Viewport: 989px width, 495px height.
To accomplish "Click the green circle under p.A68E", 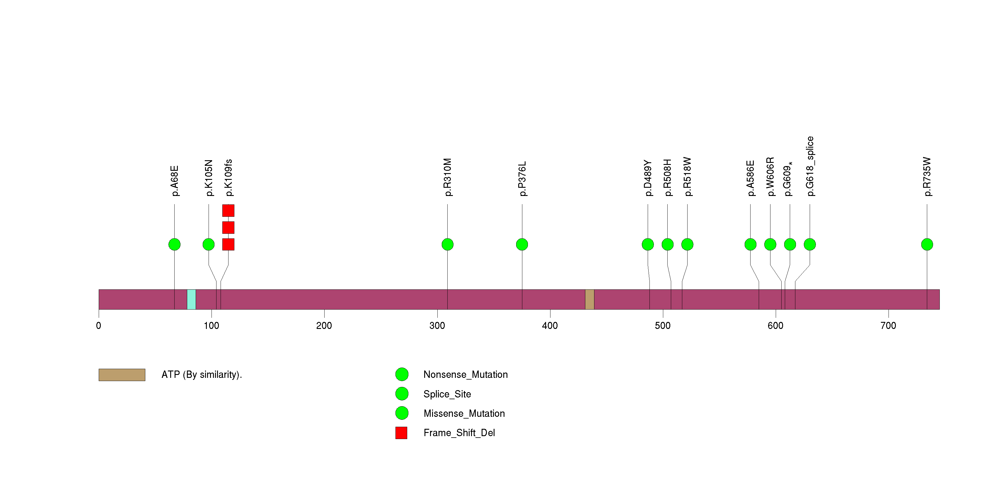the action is coord(174,245).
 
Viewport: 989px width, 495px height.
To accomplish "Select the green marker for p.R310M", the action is coord(447,245).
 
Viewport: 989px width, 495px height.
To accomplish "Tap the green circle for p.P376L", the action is coord(522,245).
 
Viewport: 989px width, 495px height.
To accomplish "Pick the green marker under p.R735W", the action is coord(927,245).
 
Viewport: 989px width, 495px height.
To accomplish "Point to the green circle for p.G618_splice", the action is coord(810,245).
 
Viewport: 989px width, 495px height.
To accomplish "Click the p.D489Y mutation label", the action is coord(648,178).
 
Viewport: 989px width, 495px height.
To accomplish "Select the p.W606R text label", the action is coord(770,177).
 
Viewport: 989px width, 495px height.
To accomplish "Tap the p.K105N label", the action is coord(209,178).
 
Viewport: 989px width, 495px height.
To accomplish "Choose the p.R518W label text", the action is coord(687,177).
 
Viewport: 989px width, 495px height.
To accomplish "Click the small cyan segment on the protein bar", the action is coord(191,299).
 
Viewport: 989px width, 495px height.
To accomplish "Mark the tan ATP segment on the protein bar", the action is coord(590,299).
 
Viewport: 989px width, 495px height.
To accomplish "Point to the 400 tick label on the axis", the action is coord(550,326).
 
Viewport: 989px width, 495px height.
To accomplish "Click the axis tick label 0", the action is coord(99,326).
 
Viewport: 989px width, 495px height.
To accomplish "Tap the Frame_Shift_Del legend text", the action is coord(459,433).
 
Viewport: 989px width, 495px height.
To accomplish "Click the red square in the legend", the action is coord(401,433).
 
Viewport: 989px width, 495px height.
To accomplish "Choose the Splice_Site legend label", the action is coord(447,394).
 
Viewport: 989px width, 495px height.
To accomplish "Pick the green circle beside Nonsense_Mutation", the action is coord(402,375).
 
